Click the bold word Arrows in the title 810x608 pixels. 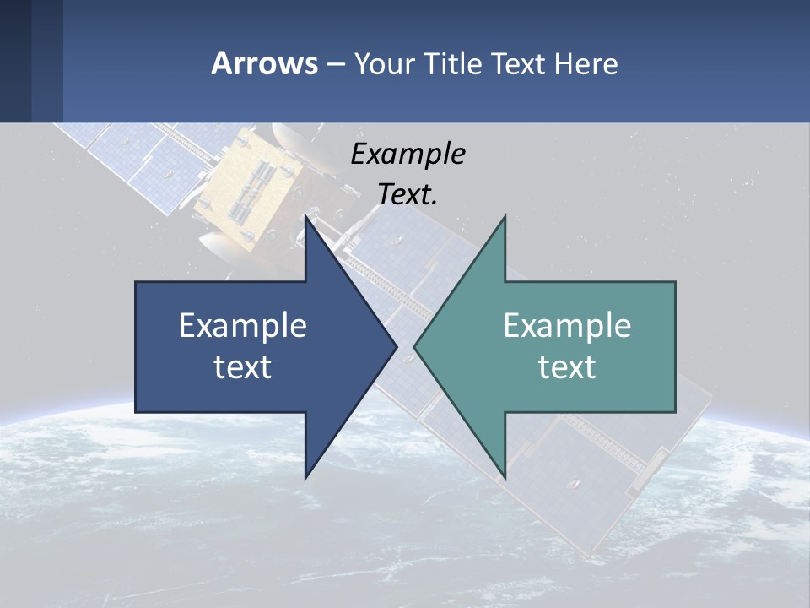click(x=264, y=63)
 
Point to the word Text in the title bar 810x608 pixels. click(x=520, y=63)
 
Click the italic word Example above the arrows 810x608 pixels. click(x=408, y=155)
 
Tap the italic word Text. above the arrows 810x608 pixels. click(x=408, y=194)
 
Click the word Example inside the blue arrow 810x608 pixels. click(x=243, y=326)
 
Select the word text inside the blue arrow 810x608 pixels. click(x=243, y=367)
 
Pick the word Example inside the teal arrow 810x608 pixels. click(x=567, y=326)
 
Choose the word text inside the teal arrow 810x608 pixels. click(x=567, y=367)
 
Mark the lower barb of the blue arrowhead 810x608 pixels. click(x=307, y=473)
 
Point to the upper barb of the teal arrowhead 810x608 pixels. click(x=504, y=221)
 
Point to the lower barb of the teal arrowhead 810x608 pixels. click(x=504, y=473)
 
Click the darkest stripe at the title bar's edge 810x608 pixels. click(x=15, y=61)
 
